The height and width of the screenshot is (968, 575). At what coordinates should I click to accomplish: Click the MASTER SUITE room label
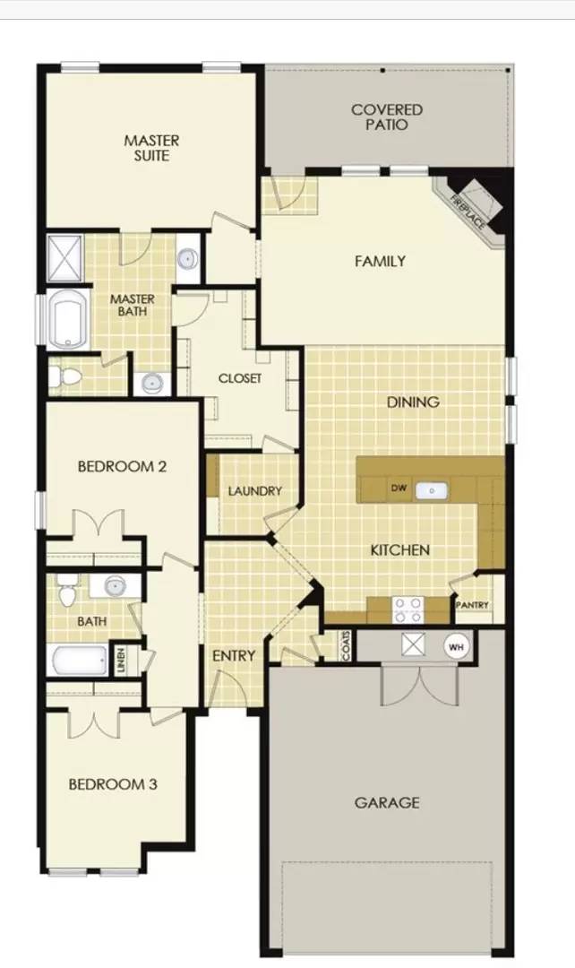[151, 148]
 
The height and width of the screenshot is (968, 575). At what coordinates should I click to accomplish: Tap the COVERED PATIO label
[387, 117]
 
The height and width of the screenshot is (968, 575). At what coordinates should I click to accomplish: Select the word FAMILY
[380, 262]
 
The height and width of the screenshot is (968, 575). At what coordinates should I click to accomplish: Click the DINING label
[413, 402]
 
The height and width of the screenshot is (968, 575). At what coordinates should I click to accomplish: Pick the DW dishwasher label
[399, 489]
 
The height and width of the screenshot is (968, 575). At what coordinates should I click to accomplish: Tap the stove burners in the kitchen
[408, 609]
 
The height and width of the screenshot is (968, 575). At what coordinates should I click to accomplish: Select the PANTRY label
[472, 606]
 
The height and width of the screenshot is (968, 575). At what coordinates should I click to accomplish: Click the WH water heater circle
[456, 646]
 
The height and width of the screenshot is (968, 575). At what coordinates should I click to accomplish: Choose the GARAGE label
[387, 803]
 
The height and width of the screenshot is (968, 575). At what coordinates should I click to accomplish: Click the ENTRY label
[234, 656]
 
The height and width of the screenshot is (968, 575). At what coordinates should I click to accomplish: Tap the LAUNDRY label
[254, 491]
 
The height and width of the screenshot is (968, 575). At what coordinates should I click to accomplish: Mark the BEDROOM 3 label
[114, 784]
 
